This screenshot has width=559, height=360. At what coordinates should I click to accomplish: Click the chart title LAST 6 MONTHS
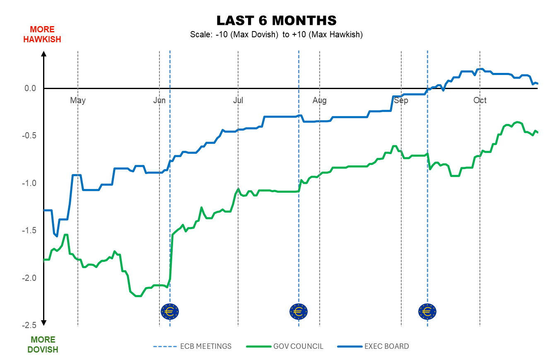277,21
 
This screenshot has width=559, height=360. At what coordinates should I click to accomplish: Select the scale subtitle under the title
277,35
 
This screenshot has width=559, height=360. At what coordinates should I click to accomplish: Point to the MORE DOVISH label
43,345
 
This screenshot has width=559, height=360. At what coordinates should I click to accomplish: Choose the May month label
78,100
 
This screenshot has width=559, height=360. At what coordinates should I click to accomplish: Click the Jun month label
159,100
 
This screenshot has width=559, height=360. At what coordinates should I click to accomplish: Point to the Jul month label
238,100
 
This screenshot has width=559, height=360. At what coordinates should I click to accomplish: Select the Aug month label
320,100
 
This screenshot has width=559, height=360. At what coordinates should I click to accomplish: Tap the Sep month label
401,100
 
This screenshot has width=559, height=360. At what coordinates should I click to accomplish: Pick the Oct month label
480,100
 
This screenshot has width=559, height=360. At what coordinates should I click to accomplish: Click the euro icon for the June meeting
170,311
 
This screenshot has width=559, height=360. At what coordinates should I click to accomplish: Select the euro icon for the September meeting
427,311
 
